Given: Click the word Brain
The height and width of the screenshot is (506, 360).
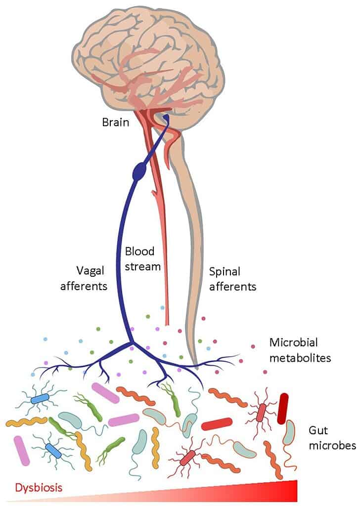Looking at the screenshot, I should click(x=116, y=122).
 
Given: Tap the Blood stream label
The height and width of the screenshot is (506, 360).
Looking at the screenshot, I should click(x=142, y=259).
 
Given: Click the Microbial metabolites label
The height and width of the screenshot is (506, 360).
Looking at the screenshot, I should click(x=300, y=350).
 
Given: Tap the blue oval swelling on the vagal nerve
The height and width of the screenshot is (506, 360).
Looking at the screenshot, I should click(x=140, y=171).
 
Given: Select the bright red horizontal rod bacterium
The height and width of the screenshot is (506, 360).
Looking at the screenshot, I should click(x=217, y=423).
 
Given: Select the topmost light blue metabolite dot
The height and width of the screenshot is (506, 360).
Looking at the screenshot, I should click(x=162, y=307).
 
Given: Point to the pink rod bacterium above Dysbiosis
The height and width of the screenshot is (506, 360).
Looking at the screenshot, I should click(x=21, y=450).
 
